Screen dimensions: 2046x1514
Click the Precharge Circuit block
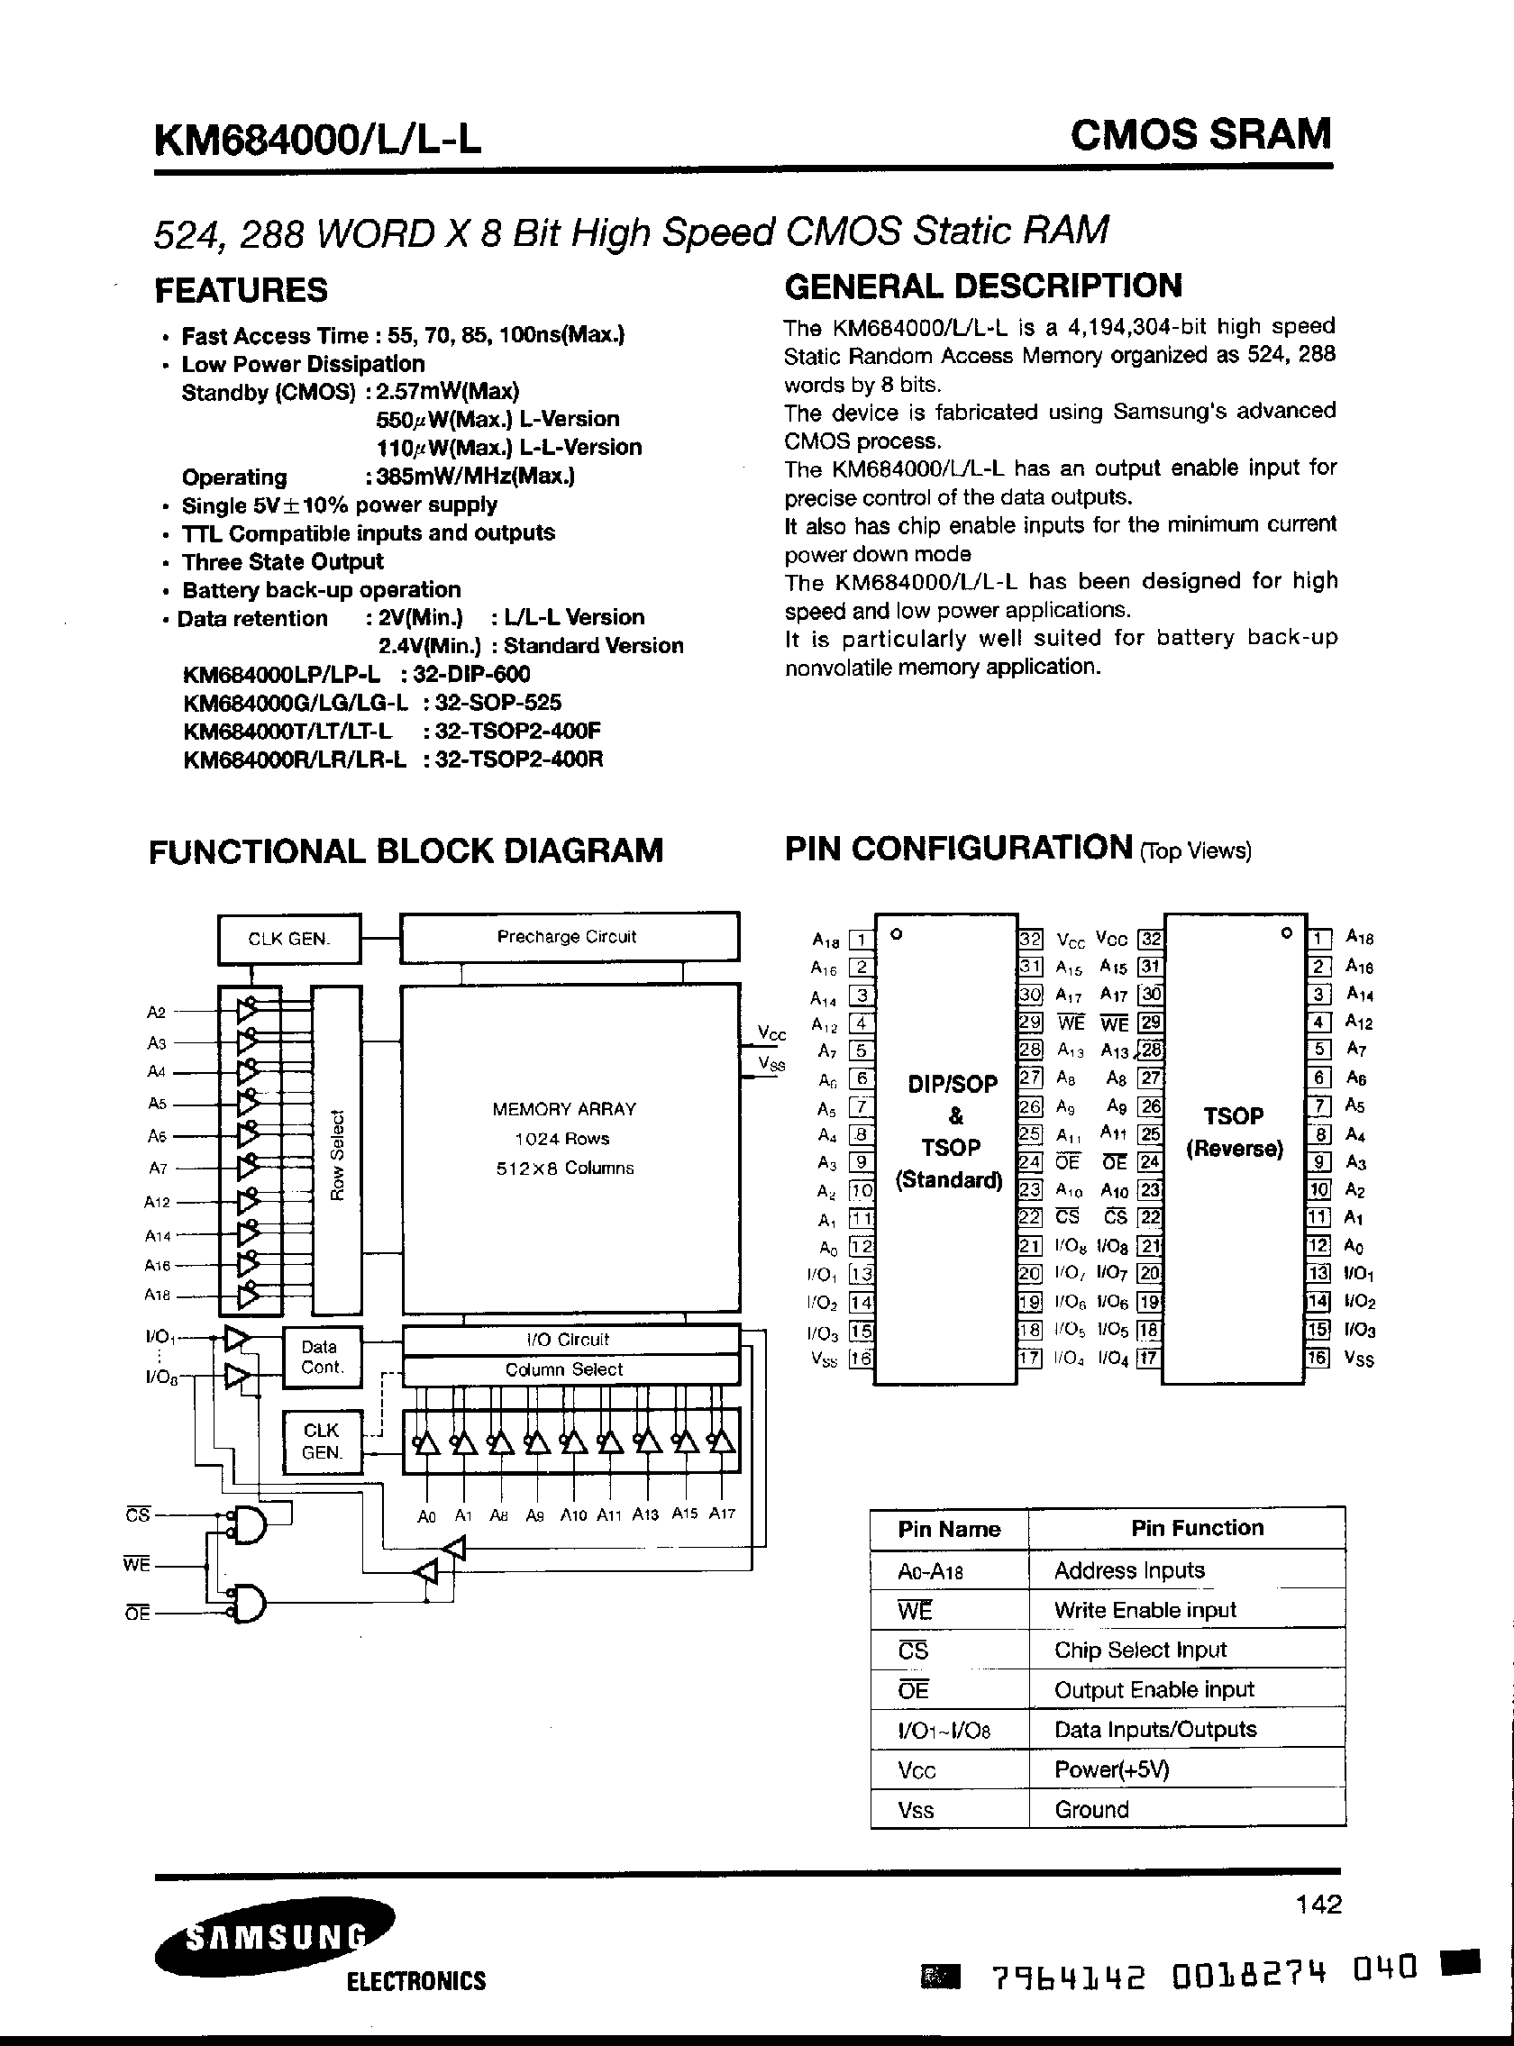569,936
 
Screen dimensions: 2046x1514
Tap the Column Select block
569,1369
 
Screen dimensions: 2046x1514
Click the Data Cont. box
321,1357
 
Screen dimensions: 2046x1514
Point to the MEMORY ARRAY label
563,1109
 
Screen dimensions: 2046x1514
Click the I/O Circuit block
569,1340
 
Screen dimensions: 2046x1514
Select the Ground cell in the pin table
1091,1810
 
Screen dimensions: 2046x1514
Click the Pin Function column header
1197,1527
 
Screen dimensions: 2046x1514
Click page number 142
1318,1904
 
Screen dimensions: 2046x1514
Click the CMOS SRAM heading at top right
1200,135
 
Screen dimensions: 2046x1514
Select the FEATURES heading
241,289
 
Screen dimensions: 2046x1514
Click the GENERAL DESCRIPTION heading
983,286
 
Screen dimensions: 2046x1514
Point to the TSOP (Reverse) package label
1234,1132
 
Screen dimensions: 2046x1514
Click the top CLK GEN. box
288,938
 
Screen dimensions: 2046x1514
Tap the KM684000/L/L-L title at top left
317,141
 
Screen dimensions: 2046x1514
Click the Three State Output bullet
282,561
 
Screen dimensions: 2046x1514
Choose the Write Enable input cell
1145,1610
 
